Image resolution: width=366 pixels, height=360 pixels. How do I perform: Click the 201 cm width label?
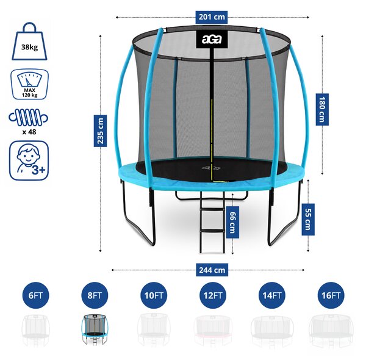point(212,17)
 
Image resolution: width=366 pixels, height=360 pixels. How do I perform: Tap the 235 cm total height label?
point(100,131)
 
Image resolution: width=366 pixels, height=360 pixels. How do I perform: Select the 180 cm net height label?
point(322,109)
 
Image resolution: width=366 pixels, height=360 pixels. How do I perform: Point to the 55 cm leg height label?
point(308,220)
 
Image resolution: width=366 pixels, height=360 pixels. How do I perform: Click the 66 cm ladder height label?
point(232,222)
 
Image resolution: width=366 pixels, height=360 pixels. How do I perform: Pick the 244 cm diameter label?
point(212,270)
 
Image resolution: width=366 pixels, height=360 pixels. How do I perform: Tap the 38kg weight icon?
point(29,41)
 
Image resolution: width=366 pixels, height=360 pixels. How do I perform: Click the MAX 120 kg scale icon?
point(29,84)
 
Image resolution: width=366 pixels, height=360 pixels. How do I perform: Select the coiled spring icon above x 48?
point(29,117)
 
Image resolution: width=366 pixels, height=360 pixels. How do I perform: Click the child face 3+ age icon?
point(29,160)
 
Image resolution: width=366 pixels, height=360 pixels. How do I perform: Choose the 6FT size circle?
point(36,295)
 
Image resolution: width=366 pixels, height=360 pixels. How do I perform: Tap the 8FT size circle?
point(95,295)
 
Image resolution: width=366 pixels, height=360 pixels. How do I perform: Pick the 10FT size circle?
point(154,295)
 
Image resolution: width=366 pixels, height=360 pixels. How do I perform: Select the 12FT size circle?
point(213,295)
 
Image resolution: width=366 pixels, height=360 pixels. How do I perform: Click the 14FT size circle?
point(272,295)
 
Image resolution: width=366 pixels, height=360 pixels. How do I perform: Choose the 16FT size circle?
point(331,295)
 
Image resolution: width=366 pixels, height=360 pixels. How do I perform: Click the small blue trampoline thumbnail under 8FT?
point(95,329)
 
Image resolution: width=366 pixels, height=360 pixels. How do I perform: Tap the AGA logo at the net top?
point(212,40)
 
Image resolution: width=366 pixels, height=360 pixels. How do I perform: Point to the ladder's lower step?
point(212,231)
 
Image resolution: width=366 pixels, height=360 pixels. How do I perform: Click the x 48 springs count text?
point(29,132)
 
